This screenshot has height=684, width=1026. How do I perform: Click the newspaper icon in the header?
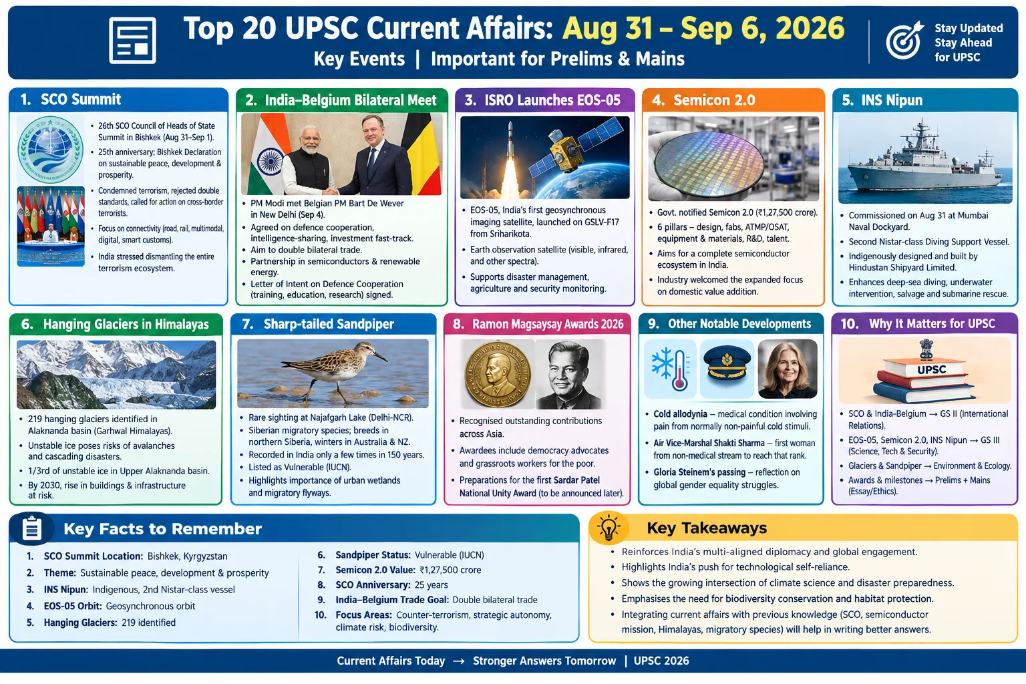(132, 40)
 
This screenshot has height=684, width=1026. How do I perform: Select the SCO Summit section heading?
(81, 100)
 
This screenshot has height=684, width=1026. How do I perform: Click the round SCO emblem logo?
(50, 150)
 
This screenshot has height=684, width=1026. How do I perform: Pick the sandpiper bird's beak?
(380, 356)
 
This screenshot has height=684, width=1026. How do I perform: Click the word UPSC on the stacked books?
(931, 369)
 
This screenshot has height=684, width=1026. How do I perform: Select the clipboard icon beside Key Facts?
(31, 528)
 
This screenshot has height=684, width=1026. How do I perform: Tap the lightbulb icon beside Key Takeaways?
(609, 527)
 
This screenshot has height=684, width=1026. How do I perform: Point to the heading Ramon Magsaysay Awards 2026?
(548, 325)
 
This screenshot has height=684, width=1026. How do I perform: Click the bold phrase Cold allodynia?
(680, 414)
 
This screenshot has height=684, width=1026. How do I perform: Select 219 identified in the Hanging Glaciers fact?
(148, 623)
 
